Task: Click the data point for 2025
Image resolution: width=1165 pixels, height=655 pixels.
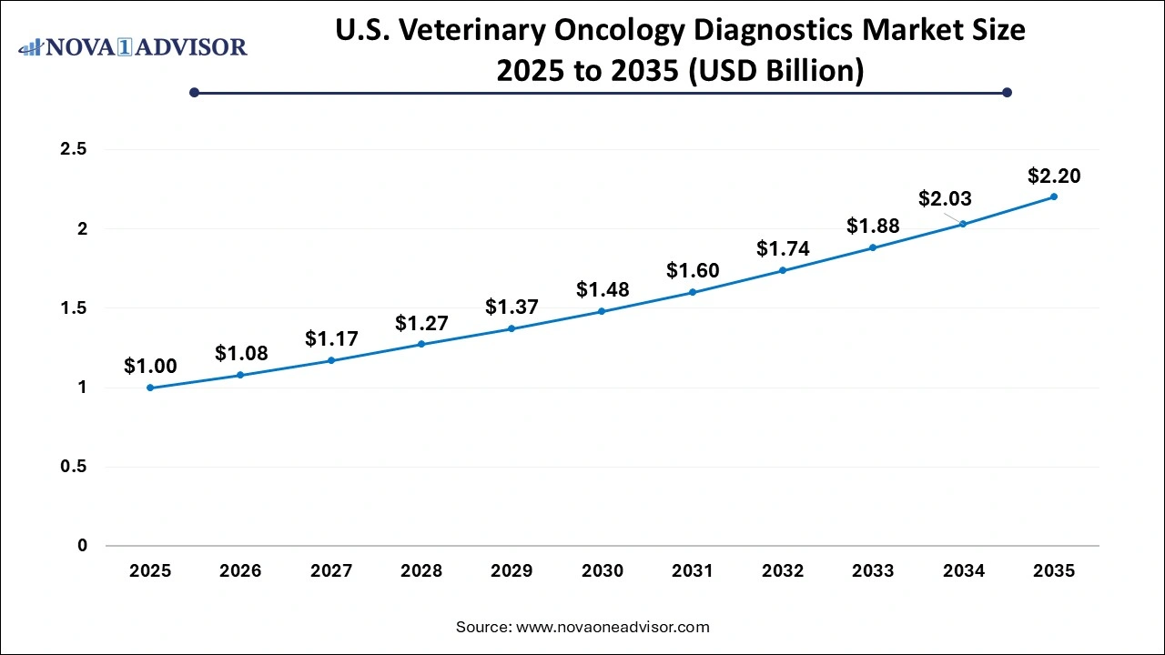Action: click(x=150, y=388)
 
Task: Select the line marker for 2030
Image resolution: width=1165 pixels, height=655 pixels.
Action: click(x=602, y=311)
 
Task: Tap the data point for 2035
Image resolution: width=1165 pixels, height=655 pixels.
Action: click(x=1054, y=196)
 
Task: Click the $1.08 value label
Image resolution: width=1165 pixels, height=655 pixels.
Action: click(x=241, y=352)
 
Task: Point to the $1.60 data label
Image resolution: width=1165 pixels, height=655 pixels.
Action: click(x=693, y=269)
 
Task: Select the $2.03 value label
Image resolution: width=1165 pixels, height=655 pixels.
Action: click(x=945, y=197)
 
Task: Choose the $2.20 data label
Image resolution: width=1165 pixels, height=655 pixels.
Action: click(x=1054, y=176)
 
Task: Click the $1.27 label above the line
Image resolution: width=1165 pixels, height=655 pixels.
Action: click(x=421, y=323)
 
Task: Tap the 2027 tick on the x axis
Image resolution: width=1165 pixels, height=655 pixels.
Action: click(x=331, y=571)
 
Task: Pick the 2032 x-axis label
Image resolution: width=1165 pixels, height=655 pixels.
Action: click(x=783, y=571)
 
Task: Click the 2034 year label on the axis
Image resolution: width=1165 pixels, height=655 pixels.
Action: click(x=964, y=571)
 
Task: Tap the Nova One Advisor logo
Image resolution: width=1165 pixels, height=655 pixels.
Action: click(x=133, y=47)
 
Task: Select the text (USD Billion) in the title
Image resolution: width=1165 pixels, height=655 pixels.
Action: click(x=774, y=70)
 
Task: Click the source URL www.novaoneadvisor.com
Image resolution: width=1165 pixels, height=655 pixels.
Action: click(x=613, y=627)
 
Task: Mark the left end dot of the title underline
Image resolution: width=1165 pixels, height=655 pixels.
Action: click(x=194, y=92)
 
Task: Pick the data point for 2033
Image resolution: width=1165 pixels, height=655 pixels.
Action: click(x=873, y=247)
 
